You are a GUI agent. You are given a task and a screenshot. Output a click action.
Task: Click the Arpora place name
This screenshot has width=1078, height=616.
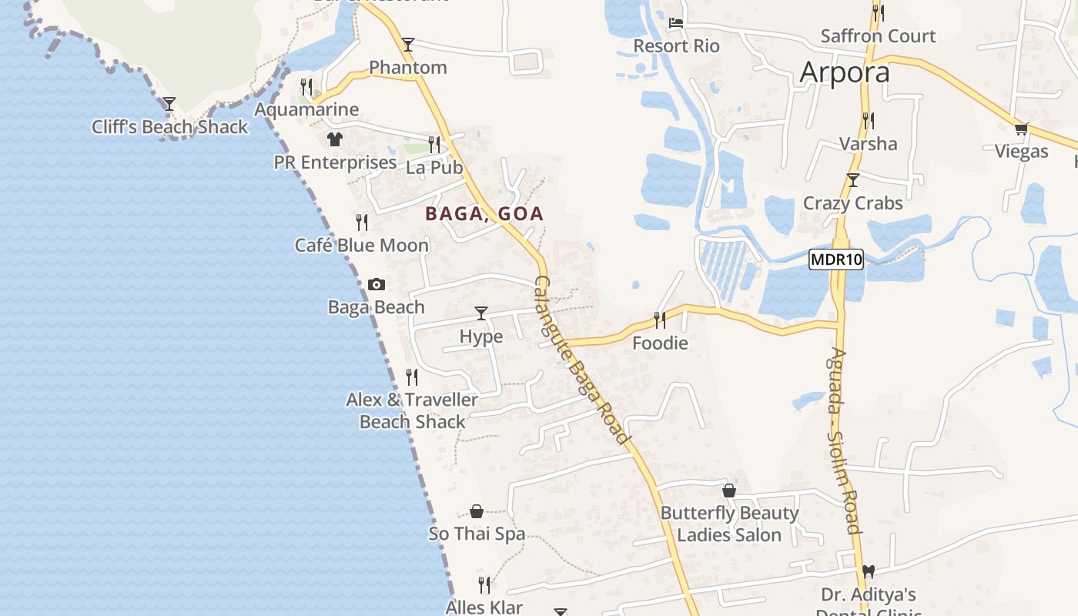click(845, 72)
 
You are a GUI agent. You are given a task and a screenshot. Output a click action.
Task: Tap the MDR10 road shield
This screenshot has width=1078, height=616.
click(836, 259)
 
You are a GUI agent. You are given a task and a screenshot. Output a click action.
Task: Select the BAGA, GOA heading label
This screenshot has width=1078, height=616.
click(484, 214)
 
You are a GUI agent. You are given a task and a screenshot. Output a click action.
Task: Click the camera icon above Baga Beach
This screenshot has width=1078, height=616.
click(377, 284)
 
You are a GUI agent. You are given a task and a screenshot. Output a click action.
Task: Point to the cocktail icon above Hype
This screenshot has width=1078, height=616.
click(481, 313)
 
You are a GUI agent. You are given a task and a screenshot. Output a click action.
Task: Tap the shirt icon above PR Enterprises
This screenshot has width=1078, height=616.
click(335, 139)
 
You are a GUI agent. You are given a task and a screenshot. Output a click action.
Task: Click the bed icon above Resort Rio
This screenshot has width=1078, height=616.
click(676, 23)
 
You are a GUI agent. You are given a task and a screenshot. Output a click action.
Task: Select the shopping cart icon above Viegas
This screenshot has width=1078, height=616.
click(1022, 129)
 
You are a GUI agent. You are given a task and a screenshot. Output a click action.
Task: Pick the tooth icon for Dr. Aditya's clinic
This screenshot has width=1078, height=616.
click(869, 572)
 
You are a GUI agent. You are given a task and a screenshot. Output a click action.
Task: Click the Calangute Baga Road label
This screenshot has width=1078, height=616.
click(582, 360)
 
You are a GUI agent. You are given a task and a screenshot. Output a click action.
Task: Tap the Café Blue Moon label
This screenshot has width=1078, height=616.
click(362, 246)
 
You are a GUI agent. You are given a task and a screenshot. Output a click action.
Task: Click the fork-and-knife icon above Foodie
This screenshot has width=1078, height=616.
click(660, 320)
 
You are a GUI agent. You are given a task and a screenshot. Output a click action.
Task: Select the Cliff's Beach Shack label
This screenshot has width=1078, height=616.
click(170, 127)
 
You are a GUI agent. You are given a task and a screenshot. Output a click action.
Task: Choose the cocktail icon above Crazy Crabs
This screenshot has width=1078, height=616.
click(852, 180)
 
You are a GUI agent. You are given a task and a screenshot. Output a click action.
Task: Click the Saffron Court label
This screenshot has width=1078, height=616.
click(878, 36)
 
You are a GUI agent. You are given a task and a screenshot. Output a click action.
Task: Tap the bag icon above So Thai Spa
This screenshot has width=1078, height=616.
click(477, 511)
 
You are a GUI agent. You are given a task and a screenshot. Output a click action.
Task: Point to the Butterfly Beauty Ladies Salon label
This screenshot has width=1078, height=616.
click(729, 524)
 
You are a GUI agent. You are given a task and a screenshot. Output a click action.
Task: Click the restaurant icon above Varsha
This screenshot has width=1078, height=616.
click(869, 121)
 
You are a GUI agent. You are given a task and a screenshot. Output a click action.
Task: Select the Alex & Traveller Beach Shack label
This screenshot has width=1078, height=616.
click(412, 410)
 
